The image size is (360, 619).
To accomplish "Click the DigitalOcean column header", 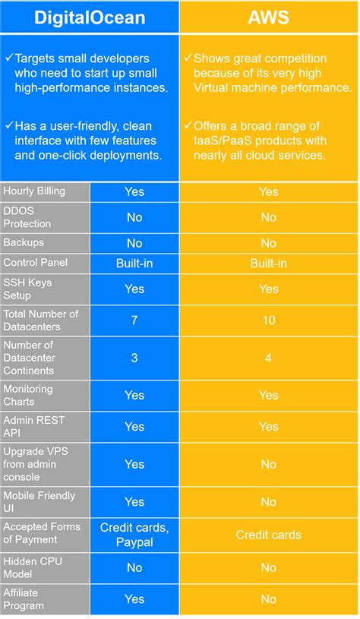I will pyautogui.click(x=90, y=16).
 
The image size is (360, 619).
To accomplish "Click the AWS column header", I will pyautogui.click(x=269, y=16).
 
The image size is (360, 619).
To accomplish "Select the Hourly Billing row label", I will pyautogui.click(x=34, y=191).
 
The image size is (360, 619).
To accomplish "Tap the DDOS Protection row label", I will pyautogui.click(x=28, y=217).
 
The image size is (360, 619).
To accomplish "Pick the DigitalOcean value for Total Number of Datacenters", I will pyautogui.click(x=134, y=320).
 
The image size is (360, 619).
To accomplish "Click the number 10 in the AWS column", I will pyautogui.click(x=269, y=320).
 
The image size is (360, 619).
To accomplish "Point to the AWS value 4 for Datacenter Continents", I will pyautogui.click(x=269, y=358).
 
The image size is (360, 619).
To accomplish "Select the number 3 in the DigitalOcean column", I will pyautogui.click(x=134, y=358).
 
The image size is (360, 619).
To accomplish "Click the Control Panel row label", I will pyautogui.click(x=35, y=262).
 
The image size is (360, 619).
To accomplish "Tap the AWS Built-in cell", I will pyautogui.click(x=269, y=263).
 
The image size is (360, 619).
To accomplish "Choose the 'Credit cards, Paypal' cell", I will pyautogui.click(x=134, y=534).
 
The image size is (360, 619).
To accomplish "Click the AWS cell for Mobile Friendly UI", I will pyautogui.click(x=269, y=501).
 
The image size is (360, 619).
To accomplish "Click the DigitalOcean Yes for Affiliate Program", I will pyautogui.click(x=134, y=598).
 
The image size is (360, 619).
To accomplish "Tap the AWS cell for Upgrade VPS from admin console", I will pyautogui.click(x=269, y=464).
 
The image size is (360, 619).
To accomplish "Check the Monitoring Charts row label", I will pyautogui.click(x=29, y=395).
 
